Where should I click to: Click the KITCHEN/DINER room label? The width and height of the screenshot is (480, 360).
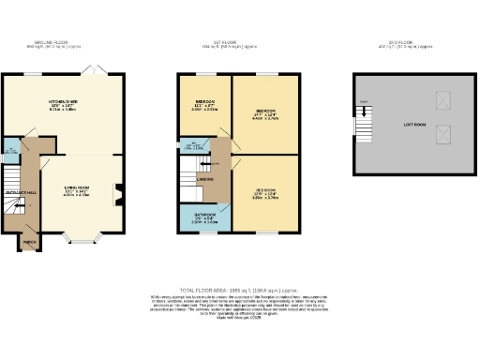63,104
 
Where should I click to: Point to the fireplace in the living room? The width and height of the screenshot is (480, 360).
118,194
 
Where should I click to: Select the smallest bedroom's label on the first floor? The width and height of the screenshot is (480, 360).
205,102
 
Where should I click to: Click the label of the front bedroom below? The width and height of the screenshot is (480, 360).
265,194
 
